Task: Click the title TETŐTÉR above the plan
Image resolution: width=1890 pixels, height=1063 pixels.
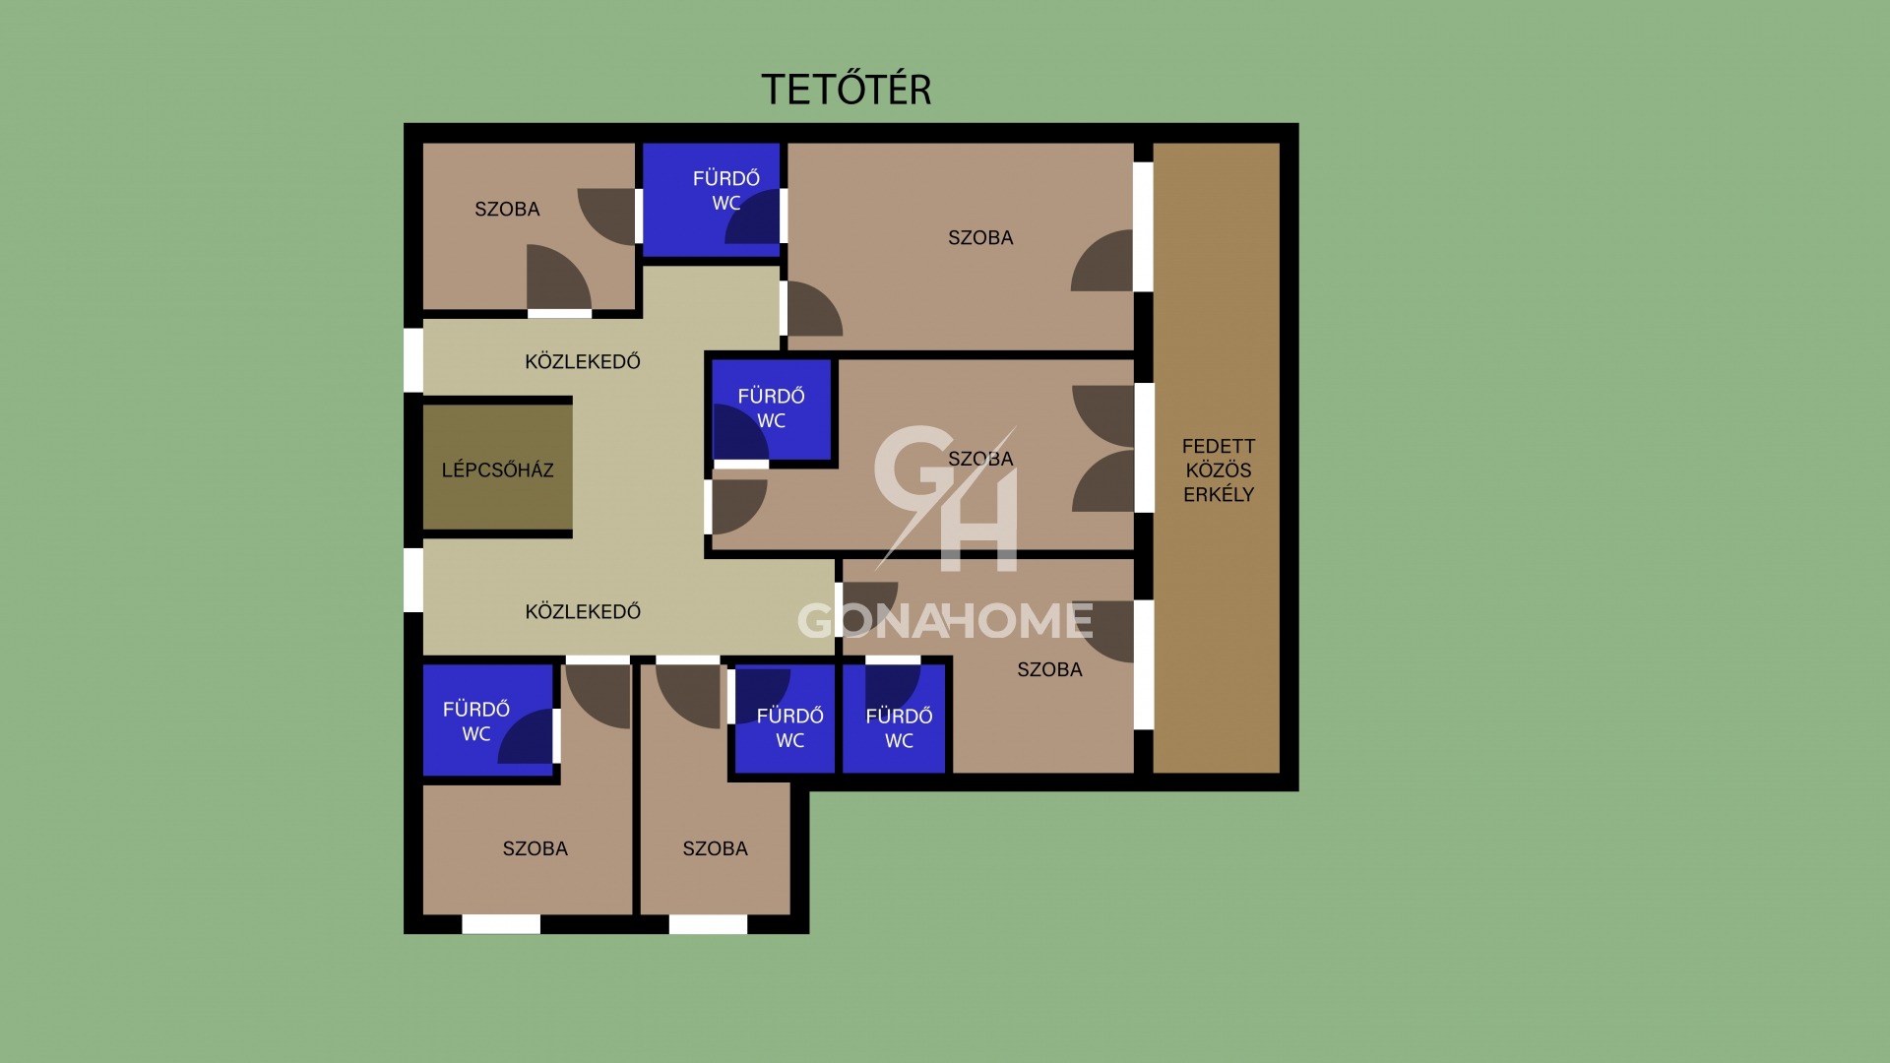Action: pyautogui.click(x=847, y=89)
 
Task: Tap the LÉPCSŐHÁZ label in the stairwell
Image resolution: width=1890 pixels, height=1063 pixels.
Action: pyautogui.click(x=497, y=469)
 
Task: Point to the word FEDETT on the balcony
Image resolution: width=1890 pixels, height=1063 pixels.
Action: pyautogui.click(x=1219, y=446)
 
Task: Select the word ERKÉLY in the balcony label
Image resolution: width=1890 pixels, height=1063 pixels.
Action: pyautogui.click(x=1219, y=494)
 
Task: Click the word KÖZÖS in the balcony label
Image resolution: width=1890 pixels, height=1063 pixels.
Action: pyautogui.click(x=1219, y=469)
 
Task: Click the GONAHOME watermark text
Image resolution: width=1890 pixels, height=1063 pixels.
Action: pyautogui.click(x=945, y=620)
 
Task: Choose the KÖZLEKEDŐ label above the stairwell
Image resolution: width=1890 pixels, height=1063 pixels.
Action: pyautogui.click(x=583, y=361)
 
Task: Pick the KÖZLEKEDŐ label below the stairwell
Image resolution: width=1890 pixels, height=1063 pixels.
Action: pyautogui.click(x=583, y=611)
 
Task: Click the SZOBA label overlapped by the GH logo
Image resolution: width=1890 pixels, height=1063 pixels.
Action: pyautogui.click(x=980, y=459)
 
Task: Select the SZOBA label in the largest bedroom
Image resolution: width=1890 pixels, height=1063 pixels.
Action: pyautogui.click(x=980, y=237)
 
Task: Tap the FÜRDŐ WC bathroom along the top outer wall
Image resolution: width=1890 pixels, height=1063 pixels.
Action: pyautogui.click(x=711, y=200)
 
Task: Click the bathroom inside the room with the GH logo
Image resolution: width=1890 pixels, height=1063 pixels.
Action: pyautogui.click(x=772, y=409)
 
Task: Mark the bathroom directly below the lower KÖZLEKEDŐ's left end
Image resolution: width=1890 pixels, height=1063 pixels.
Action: pyautogui.click(x=488, y=719)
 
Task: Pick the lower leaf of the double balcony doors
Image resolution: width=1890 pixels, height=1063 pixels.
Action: pyautogui.click(x=1103, y=481)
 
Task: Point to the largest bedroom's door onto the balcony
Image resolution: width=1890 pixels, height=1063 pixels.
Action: pyautogui.click(x=1102, y=260)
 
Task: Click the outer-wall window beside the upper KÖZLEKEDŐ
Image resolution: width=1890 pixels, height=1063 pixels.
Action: pyautogui.click(x=413, y=360)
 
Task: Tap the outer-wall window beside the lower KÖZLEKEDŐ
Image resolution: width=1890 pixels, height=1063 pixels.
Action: pyautogui.click(x=413, y=580)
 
